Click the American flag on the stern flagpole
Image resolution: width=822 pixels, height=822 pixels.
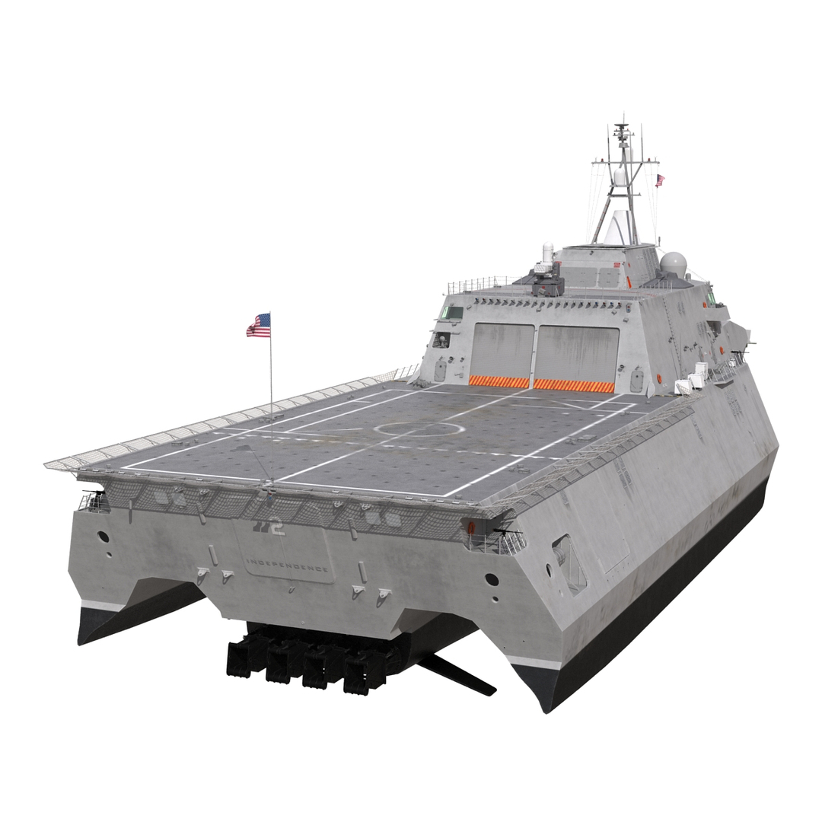point(259,326)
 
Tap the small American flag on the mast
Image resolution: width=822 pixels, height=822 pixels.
point(660,180)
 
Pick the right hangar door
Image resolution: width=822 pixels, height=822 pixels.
point(576,353)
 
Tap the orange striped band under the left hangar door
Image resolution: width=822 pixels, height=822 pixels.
point(499,381)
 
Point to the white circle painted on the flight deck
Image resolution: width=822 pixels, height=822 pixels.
point(419,429)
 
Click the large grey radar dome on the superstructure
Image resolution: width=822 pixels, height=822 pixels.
point(673,263)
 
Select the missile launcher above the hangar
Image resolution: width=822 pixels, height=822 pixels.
point(546,282)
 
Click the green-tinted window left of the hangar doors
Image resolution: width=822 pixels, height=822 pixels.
point(452,312)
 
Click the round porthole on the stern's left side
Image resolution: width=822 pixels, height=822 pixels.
point(104,537)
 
